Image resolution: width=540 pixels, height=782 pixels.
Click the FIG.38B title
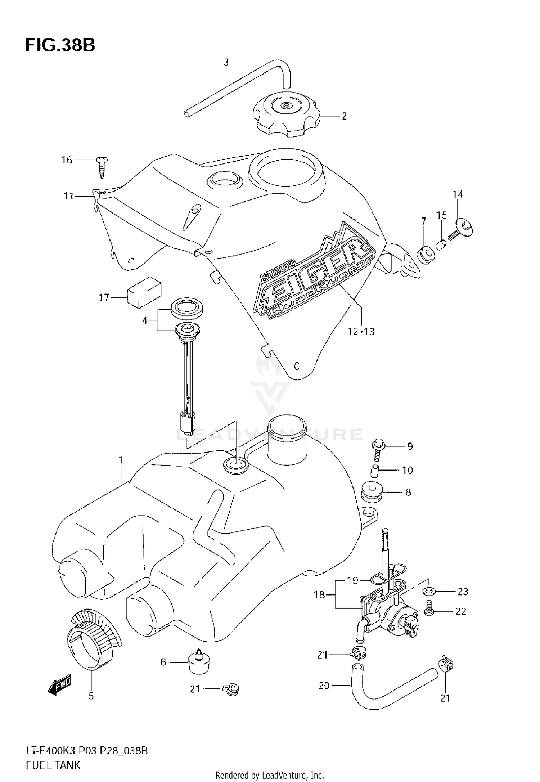click(x=60, y=46)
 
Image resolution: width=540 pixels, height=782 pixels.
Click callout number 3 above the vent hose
click(x=226, y=62)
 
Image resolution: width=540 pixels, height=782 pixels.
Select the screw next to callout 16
click(x=102, y=167)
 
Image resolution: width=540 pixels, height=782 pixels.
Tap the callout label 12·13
click(x=361, y=331)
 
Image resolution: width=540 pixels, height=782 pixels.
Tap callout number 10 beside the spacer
click(x=408, y=470)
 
